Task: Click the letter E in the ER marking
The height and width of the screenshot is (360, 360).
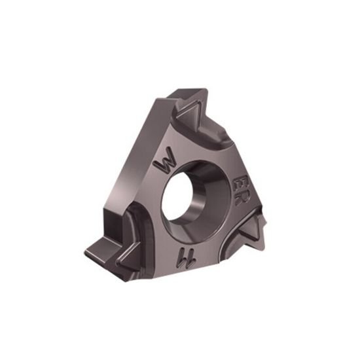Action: point(240,181)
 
